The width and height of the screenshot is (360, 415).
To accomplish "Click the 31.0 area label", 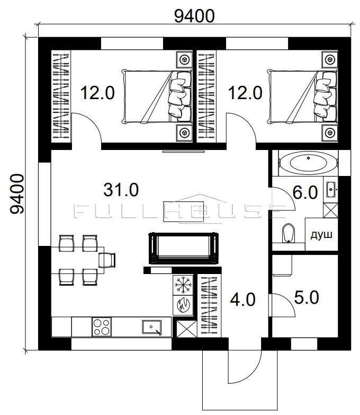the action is (x=121, y=190).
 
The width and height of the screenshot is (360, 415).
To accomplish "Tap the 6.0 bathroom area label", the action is (x=305, y=192).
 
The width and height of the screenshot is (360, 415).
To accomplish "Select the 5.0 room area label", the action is (x=307, y=297).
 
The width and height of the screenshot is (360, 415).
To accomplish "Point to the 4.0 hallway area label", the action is (x=242, y=299).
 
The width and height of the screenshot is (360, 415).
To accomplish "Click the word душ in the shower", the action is (x=321, y=235).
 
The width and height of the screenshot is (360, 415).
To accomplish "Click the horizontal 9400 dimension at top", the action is (x=194, y=16).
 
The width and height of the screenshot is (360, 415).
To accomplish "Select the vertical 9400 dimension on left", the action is (x=17, y=193).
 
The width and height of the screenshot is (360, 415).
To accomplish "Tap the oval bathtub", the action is (x=308, y=163).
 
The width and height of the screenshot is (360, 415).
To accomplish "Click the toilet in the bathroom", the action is (x=288, y=233).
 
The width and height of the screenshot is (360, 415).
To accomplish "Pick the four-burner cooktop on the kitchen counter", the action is (x=102, y=326).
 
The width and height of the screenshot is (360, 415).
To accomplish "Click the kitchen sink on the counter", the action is (x=152, y=327).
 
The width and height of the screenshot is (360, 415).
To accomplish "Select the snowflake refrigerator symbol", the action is (x=183, y=285).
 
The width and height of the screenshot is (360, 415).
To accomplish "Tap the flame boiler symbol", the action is (x=183, y=305).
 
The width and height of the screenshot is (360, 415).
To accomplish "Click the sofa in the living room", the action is (x=184, y=248).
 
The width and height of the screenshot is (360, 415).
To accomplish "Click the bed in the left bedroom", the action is (x=157, y=96).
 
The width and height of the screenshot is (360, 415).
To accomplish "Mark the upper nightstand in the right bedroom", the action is (x=330, y=60).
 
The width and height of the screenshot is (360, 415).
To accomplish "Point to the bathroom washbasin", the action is (x=331, y=190).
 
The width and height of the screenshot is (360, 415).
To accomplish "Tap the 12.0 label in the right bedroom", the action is (x=245, y=93).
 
